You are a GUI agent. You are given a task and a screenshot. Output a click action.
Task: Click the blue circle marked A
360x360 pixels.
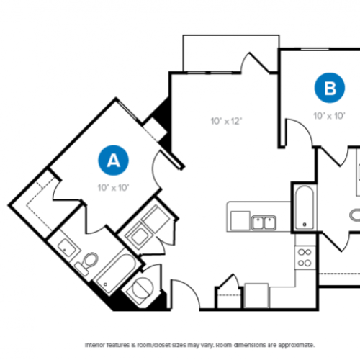(112, 161)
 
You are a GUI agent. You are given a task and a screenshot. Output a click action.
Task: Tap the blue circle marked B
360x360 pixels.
(330, 89)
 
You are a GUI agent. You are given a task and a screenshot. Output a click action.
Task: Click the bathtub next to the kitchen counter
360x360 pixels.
(304, 207)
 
